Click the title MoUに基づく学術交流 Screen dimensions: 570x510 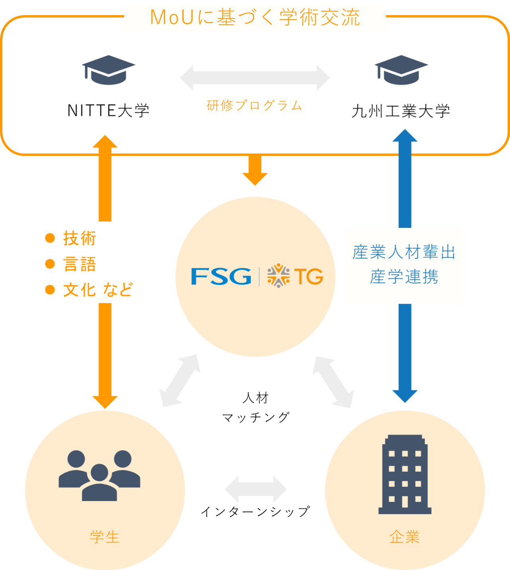coord(255,18)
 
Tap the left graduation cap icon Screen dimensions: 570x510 coord(108,70)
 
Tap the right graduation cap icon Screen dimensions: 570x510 coord(401,70)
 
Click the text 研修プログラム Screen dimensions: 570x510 coord(254,106)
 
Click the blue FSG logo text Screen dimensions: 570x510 coord(221,276)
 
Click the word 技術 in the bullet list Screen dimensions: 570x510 coord(80,238)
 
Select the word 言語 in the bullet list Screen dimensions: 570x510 coord(80,264)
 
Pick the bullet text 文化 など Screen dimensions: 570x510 coord(98,290)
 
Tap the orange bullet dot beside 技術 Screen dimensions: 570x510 coord(50,238)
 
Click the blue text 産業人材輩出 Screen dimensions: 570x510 coord(404,253)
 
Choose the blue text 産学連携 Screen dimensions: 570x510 coord(404,277)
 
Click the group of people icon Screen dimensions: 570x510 coord(100,475)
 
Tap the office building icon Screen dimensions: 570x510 coord(405,474)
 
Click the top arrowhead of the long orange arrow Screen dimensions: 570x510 coord(105,142)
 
